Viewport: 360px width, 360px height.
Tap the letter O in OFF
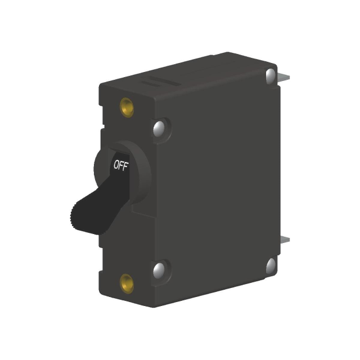[116, 166]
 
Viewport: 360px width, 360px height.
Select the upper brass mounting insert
[127, 106]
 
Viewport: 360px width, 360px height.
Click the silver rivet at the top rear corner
[271, 75]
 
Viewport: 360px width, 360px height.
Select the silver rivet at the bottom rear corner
[271, 265]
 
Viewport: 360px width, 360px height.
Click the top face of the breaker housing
[186, 76]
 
